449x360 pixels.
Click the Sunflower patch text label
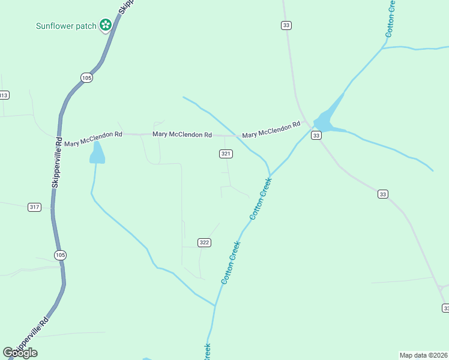66,26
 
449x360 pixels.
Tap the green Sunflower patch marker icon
106,25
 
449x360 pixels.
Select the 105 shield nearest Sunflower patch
87,77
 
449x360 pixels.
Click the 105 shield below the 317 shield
60,255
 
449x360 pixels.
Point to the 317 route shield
34,207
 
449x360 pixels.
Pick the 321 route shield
225,154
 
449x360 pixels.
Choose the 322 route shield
204,242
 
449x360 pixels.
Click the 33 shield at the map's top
286,25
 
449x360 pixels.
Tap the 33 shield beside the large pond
316,136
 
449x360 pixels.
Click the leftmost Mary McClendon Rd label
93,139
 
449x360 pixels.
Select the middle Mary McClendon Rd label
182,135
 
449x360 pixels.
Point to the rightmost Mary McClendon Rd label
271,130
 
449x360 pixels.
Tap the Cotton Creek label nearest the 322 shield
231,262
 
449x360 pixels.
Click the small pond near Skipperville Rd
97,154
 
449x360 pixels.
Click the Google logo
20,353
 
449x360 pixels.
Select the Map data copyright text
424,355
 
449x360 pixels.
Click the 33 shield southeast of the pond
383,194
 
